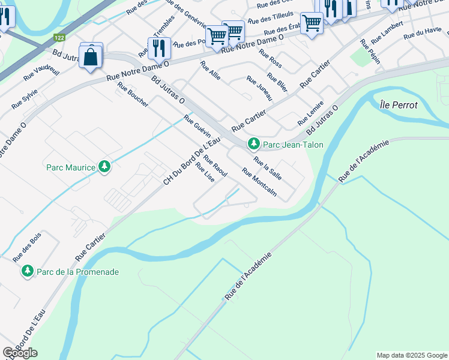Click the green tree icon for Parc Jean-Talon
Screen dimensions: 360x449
point(254,144)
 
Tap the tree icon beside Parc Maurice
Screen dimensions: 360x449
point(105,166)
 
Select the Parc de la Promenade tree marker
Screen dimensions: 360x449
point(27,272)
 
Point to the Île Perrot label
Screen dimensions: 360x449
point(398,104)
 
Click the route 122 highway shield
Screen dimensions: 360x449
point(59,37)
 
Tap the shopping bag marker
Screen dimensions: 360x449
point(91,58)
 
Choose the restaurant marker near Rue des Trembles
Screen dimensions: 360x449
point(159,47)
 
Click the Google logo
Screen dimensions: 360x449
point(20,353)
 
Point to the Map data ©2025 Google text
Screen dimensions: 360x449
point(411,355)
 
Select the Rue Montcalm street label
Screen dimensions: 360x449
point(259,182)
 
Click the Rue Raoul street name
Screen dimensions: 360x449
point(215,166)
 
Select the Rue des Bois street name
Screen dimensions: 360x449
point(26,246)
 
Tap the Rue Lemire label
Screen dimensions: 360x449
point(310,114)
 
